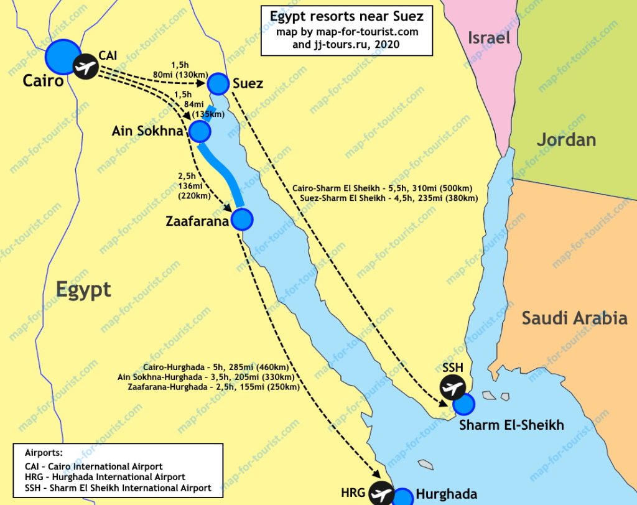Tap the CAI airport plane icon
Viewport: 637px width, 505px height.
[x=85, y=67]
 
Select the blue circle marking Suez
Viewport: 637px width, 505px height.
[x=218, y=83]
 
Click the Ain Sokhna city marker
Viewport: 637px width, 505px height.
[x=200, y=131]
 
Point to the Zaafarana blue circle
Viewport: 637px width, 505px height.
[x=241, y=219]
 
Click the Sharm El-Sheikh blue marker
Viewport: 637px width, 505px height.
[x=463, y=405]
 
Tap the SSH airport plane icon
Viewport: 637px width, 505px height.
[x=452, y=388]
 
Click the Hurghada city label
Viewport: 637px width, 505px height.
[x=446, y=495]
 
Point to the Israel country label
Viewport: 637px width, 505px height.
[x=489, y=38]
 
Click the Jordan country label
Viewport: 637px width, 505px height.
[x=566, y=139]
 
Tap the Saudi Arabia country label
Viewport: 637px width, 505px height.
[x=574, y=318]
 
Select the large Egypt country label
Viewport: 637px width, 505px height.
[x=83, y=289]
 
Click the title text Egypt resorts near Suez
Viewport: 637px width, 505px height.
[x=347, y=16]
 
